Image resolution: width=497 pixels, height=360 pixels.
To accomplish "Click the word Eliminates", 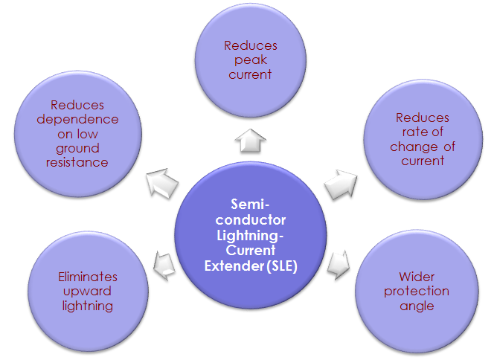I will (87, 277).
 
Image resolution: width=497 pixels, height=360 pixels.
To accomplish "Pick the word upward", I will (87, 291).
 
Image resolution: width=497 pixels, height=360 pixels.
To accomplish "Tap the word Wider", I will (416, 277).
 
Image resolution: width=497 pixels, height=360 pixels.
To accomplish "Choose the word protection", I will (416, 291).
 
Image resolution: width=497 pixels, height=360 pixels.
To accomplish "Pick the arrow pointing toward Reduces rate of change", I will (339, 182).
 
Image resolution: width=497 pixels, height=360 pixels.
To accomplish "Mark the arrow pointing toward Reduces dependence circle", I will (159, 181).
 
